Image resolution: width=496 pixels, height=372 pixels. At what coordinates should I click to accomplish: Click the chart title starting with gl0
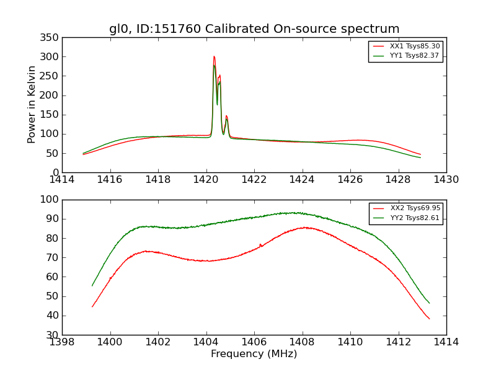tap(254, 29)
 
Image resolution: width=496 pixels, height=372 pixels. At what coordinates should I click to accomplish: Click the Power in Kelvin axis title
tap(32, 104)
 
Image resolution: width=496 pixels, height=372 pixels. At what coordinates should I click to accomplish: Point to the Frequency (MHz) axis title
tap(254, 354)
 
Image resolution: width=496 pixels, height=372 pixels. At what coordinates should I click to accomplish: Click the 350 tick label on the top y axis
tap(51, 38)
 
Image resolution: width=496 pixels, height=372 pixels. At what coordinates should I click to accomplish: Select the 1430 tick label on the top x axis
tap(446, 180)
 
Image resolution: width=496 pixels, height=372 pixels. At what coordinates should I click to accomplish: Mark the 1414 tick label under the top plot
tap(62, 180)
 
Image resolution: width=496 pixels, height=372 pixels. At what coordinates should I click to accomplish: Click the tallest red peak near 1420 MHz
tap(214, 56)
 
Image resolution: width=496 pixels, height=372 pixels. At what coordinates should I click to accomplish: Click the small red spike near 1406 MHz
tap(260, 244)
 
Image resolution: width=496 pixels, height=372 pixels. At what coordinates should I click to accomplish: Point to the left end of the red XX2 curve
tap(92, 306)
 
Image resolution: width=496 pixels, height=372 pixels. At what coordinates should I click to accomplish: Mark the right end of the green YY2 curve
tap(429, 303)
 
